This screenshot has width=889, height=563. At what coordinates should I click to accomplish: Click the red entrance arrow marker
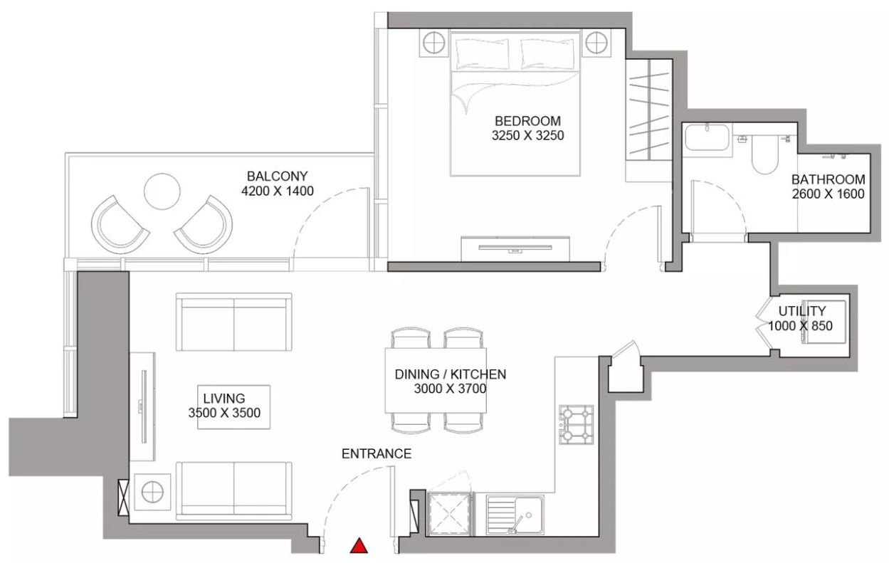pyautogui.click(x=359, y=546)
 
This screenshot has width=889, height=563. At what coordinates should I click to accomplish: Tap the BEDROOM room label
pyautogui.click(x=527, y=120)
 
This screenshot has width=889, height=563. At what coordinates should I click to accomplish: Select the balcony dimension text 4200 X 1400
pyautogui.click(x=278, y=191)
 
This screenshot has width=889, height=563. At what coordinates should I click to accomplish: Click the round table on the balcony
pyautogui.click(x=162, y=191)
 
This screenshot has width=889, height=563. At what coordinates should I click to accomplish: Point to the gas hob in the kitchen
pyautogui.click(x=577, y=424)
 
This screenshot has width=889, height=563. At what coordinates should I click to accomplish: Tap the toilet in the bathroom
pyautogui.click(x=765, y=154)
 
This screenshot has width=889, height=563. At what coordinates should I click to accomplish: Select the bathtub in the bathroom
pyautogui.click(x=707, y=137)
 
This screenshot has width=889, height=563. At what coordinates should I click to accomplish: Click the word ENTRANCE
pyautogui.click(x=377, y=453)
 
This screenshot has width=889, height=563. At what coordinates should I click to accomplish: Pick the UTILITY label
pyautogui.click(x=802, y=310)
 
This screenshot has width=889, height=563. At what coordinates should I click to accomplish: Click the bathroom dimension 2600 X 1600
pyautogui.click(x=828, y=194)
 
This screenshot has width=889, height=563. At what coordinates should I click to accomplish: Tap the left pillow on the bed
pyautogui.click(x=482, y=54)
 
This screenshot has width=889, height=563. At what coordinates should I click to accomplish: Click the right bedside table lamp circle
pyautogui.click(x=596, y=43)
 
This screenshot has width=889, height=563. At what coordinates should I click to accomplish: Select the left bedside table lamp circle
pyautogui.click(x=433, y=43)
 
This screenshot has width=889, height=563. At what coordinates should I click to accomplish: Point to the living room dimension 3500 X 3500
pyautogui.click(x=224, y=413)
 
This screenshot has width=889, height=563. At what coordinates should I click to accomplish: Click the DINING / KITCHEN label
pyautogui.click(x=451, y=374)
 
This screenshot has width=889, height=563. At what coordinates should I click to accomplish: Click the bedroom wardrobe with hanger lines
pyautogui.click(x=648, y=110)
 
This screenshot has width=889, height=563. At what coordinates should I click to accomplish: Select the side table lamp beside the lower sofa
pyautogui.click(x=152, y=492)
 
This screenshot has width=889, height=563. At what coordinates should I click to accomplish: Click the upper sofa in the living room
pyautogui.click(x=233, y=322)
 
